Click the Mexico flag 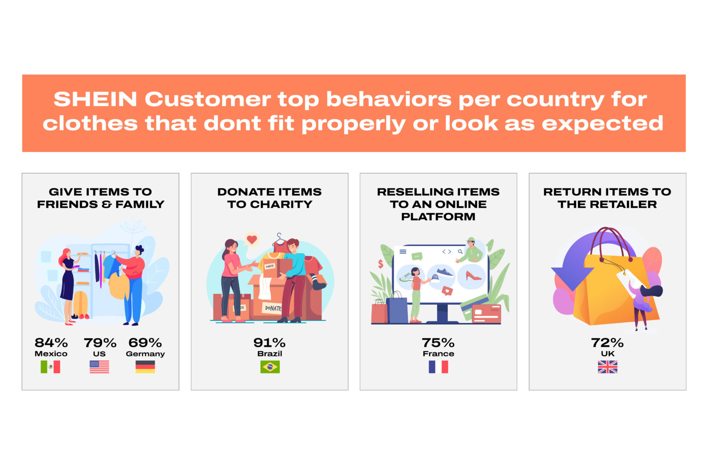click(50, 367)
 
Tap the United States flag click(99, 367)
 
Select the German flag click(145, 367)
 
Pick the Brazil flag click(270, 367)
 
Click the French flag click(438, 367)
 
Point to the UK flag click(608, 367)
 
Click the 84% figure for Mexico click(51, 343)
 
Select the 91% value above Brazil click(270, 343)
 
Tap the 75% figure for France click(438, 343)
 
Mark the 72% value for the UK click(608, 343)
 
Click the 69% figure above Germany click(145, 343)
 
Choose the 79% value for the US click(100, 343)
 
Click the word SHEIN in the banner click(95, 99)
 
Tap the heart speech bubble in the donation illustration click(252, 240)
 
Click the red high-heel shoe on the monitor click(473, 276)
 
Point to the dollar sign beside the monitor click(381, 264)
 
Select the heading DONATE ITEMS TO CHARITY click(270, 198)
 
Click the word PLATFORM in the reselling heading click(438, 217)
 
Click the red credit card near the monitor click(486, 313)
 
